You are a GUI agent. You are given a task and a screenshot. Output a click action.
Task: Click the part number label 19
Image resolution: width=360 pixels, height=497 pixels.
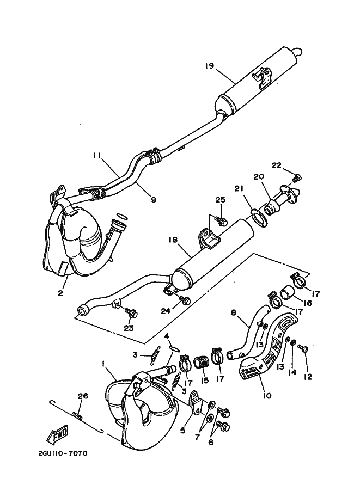coord(209,66)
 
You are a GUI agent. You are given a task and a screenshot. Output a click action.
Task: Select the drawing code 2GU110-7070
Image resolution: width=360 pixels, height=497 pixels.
coord(62,453)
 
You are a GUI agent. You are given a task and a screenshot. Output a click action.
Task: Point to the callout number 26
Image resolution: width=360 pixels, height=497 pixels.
coord(83,396)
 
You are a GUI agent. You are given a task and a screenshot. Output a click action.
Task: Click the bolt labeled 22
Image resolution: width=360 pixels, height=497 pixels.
coord(297,178)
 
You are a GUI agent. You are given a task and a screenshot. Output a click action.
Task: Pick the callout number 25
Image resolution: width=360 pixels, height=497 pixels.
coord(221,200)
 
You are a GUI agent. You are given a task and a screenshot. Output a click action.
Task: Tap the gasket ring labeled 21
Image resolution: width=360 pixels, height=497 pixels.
coord(260,217)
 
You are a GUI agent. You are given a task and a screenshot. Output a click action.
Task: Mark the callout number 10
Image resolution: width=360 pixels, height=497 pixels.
coord(267,396)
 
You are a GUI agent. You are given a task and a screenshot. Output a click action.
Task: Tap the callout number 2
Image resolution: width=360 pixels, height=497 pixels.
coord(60,293)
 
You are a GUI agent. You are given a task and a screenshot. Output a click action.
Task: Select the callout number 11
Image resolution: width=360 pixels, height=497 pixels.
coord(96,155)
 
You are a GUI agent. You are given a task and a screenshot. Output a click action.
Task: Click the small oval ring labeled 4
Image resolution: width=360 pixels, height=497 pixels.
coord(174,348)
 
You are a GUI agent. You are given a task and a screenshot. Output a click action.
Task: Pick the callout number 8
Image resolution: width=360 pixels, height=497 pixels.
coord(234,313)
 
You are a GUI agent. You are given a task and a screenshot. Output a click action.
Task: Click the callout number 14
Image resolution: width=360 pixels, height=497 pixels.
coord(292,372)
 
